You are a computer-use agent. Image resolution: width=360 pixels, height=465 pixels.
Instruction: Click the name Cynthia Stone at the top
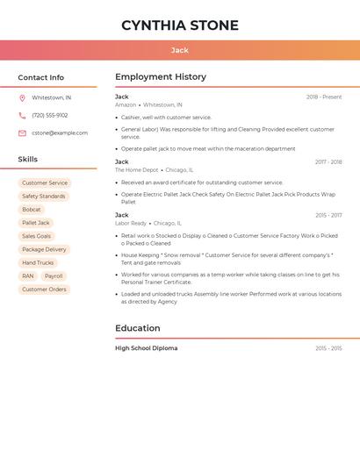point(180,25)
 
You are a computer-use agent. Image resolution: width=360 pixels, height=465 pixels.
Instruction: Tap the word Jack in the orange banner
point(180,50)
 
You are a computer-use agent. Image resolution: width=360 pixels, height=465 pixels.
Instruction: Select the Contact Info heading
point(41,77)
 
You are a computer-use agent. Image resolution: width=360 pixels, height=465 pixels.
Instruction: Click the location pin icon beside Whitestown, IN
point(22,97)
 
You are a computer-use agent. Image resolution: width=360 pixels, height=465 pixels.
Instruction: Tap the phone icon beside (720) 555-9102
point(22,115)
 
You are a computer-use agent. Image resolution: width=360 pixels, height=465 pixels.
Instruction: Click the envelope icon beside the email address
point(22,132)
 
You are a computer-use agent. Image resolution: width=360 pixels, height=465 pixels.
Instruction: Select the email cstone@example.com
point(60,132)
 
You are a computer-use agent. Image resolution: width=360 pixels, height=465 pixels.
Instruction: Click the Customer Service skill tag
point(45,182)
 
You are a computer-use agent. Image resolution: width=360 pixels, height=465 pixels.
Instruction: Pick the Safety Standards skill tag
point(44,197)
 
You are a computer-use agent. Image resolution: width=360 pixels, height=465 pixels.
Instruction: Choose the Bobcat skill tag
point(32,210)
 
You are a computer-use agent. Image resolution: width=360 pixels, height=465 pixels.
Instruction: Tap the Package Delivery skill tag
point(44,249)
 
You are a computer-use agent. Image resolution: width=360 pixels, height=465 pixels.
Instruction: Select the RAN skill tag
point(28,275)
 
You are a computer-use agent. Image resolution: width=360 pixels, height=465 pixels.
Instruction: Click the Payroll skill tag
point(54,275)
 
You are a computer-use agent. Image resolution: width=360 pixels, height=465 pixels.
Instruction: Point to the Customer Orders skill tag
point(44,289)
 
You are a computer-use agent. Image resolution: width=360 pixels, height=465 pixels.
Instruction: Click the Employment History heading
point(161,77)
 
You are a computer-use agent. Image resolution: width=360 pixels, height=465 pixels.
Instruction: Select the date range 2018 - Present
point(324,97)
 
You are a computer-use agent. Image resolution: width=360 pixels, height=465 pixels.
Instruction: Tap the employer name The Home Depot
point(137,170)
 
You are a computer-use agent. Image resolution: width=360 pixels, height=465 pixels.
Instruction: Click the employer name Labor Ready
point(131,223)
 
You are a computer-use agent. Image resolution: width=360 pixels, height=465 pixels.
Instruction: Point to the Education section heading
point(138,328)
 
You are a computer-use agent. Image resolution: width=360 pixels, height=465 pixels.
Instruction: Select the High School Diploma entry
point(147,348)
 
